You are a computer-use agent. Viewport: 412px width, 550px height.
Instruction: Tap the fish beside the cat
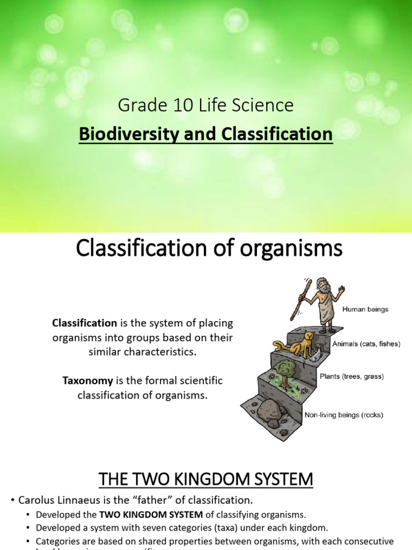[x=317, y=354]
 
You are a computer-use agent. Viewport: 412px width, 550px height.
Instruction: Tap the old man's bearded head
[x=322, y=286]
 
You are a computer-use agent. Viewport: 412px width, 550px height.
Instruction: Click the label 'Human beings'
[x=365, y=309]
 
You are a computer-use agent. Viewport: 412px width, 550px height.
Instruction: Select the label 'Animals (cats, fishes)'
[x=366, y=344]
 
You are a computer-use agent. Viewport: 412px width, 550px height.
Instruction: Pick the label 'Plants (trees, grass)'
[x=352, y=377]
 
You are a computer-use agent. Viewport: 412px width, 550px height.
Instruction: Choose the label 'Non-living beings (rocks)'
[x=344, y=415]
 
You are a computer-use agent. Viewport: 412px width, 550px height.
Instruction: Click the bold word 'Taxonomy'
[x=87, y=381]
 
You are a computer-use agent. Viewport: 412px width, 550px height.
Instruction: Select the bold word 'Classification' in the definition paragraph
[x=84, y=323]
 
